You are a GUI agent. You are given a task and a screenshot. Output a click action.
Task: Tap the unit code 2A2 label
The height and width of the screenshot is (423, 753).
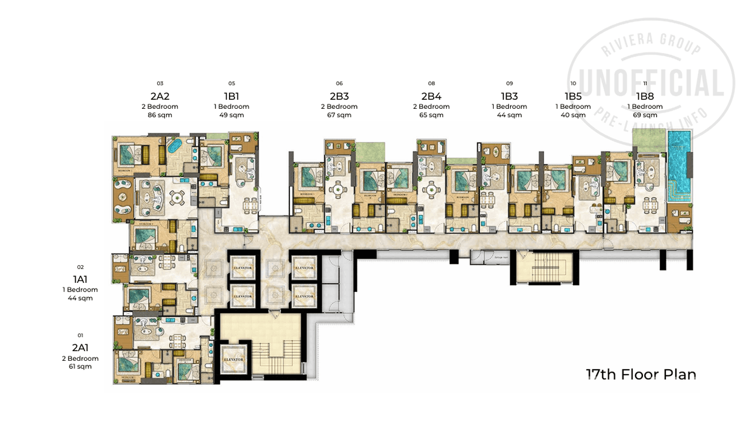(x=160, y=96)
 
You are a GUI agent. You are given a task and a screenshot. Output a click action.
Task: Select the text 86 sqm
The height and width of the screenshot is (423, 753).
(x=160, y=115)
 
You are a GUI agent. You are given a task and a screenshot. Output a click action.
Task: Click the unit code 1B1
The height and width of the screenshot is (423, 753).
(x=231, y=96)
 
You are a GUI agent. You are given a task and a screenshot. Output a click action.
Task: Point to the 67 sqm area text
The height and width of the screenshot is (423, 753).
(x=339, y=115)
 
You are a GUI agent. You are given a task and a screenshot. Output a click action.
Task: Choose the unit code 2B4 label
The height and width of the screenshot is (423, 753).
(x=431, y=96)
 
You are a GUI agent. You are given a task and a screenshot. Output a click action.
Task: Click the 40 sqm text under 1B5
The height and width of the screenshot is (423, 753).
(x=573, y=115)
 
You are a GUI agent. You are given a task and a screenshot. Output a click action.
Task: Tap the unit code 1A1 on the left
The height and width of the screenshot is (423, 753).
(x=80, y=279)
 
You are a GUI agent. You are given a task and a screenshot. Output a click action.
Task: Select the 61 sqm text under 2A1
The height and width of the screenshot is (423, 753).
(x=80, y=366)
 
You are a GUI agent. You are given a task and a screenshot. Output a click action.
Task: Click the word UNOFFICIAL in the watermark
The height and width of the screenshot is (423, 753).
(x=650, y=84)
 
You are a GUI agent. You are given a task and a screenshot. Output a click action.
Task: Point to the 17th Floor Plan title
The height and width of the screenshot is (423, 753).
(x=641, y=374)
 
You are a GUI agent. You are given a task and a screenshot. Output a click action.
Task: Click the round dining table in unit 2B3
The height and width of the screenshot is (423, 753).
(x=338, y=190)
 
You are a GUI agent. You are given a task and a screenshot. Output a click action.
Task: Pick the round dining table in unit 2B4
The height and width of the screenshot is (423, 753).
(x=431, y=190)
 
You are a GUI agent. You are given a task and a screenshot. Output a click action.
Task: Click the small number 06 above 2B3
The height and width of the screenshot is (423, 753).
(x=339, y=83)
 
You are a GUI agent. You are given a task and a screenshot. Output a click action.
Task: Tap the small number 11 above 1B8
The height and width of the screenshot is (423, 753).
(x=645, y=83)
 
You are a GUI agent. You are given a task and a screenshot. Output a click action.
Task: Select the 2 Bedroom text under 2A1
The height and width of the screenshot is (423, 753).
(x=80, y=358)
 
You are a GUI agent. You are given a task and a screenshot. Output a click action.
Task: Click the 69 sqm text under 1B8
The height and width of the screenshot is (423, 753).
(x=645, y=115)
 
